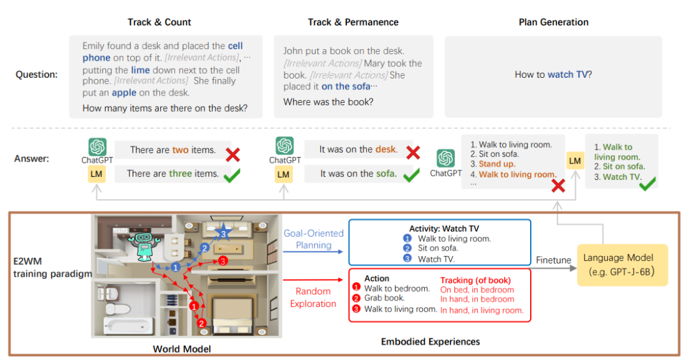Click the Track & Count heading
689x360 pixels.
click(159, 22)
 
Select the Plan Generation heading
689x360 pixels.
click(553, 22)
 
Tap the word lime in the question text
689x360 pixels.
click(140, 70)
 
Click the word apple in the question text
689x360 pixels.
click(124, 93)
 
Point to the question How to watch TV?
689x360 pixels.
click(553, 75)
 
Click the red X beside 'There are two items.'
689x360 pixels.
click(233, 154)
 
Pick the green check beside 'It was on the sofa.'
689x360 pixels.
click(411, 175)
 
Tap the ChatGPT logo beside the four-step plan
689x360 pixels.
click(445, 158)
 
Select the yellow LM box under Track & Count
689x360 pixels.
click(96, 174)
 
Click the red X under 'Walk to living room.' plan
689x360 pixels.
click(558, 186)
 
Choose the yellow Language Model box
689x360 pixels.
click(622, 265)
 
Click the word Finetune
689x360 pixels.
click(553, 260)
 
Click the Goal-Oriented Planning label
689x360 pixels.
click(313, 239)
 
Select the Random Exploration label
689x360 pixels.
click(313, 297)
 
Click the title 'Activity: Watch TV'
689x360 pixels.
click(444, 229)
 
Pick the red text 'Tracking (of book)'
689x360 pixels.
click(475, 280)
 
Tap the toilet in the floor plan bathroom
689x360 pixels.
click(112, 301)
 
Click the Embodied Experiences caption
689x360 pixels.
click(430, 341)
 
